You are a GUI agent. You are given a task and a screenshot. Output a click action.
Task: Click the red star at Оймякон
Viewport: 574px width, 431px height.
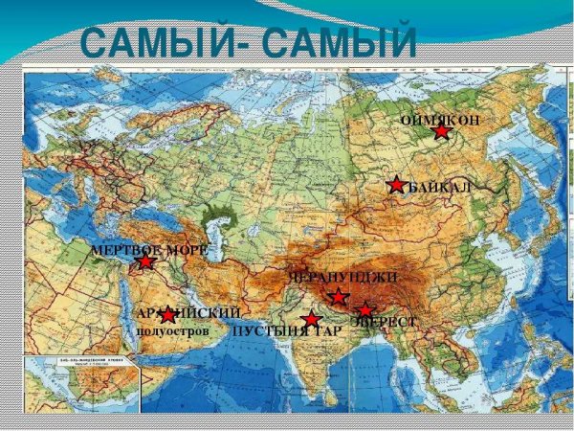pos(441,131)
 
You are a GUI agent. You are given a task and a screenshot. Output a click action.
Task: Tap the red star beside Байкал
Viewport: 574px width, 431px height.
pos(396,185)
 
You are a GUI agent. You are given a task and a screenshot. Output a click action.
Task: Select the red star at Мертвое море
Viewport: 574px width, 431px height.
pos(144,261)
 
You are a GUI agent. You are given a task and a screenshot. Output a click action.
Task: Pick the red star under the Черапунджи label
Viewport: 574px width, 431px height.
pos(337,297)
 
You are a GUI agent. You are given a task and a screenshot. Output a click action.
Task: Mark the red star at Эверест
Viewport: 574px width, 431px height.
pos(364,310)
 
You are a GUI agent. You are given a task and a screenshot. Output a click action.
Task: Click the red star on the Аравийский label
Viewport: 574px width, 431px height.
pos(168,314)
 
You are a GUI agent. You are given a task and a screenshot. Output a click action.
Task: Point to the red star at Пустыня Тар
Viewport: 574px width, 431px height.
pos(310,320)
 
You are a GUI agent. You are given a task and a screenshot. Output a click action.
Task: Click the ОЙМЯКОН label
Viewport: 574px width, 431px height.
pos(439,120)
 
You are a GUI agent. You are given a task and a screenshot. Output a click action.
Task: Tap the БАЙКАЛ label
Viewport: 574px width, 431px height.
pos(440,186)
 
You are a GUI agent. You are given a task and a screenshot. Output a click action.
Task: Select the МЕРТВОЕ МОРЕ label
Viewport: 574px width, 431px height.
pos(148,250)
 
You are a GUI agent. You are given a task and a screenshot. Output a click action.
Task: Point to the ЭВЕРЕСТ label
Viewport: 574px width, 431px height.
pos(384,322)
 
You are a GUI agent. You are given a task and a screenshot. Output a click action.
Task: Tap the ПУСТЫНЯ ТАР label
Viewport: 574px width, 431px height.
pos(286,331)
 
